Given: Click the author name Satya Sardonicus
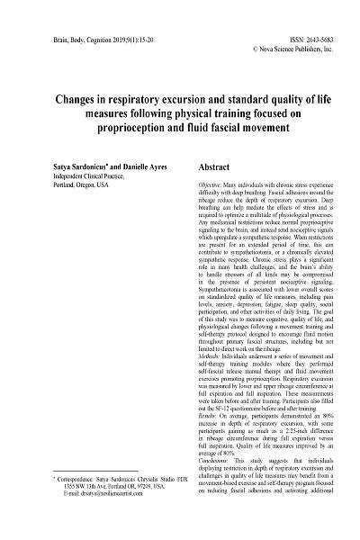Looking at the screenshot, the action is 53,167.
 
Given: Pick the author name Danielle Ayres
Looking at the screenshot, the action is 114,167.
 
